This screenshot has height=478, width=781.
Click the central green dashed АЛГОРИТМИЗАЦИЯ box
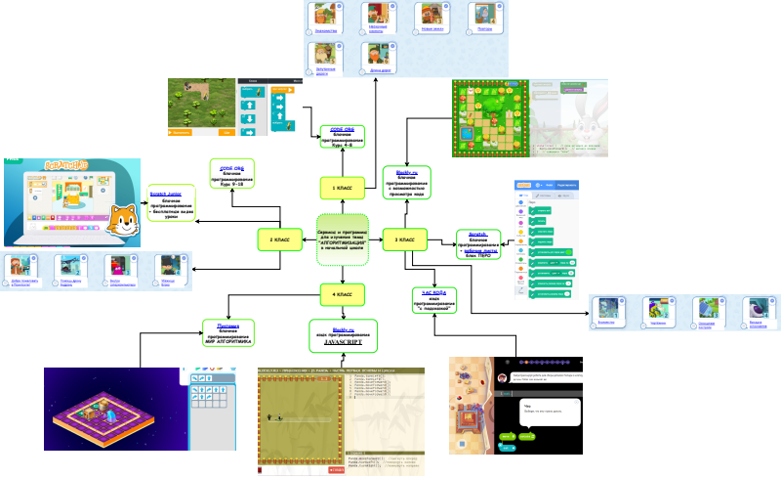(x=343, y=239)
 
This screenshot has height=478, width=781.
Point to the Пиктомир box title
(x=228, y=326)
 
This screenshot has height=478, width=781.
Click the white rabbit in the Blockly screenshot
(x=582, y=115)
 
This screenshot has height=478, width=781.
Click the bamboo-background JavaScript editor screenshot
(x=342, y=420)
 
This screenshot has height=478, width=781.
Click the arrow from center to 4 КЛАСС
(x=343, y=273)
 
